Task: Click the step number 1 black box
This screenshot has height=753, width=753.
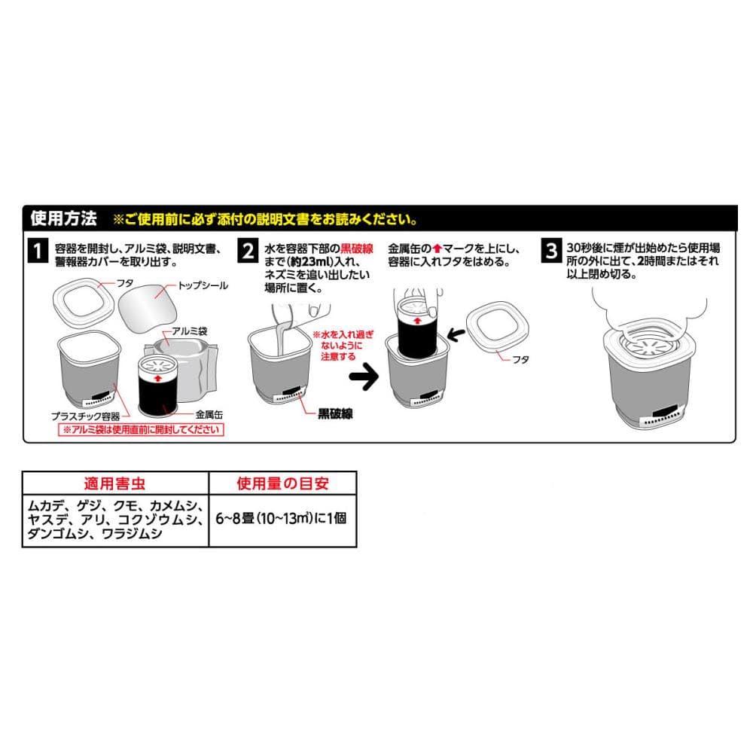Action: (38, 251)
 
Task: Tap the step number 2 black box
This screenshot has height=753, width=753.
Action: (248, 251)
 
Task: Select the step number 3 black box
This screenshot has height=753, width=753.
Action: (552, 251)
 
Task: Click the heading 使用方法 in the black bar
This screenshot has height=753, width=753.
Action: (64, 218)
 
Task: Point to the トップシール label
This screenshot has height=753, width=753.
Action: (203, 285)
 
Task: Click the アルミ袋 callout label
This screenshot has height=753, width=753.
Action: (190, 331)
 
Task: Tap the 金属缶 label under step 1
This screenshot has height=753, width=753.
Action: (209, 414)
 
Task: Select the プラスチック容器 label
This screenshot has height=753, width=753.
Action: (86, 416)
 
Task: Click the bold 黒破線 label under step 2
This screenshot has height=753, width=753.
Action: (335, 413)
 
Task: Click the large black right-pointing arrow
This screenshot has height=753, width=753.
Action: (364, 376)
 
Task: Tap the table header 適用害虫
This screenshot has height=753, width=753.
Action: (114, 483)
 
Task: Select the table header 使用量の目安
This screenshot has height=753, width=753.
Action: (283, 483)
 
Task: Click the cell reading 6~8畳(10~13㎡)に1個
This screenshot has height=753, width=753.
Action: (281, 519)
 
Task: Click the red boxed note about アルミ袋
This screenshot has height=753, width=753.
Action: (142, 429)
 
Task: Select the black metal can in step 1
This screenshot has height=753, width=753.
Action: (158, 386)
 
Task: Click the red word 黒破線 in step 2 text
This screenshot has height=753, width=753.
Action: (357, 248)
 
